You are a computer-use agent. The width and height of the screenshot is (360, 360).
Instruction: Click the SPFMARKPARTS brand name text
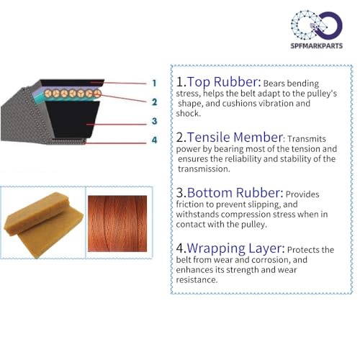317,45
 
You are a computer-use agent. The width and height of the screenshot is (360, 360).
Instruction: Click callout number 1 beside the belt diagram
154,83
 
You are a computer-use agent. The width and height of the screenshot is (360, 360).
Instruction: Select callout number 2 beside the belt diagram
154,102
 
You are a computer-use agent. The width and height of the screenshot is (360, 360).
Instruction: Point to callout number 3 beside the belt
154,121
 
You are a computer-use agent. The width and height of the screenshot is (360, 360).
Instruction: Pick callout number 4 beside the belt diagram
154,140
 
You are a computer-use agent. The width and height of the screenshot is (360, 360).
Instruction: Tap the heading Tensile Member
235,138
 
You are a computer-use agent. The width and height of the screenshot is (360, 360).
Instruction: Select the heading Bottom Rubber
235,193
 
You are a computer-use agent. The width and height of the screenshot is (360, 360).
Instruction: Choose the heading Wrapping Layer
235,248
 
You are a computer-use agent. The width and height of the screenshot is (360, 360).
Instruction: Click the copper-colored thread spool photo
117,223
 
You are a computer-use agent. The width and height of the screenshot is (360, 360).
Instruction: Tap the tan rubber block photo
44,225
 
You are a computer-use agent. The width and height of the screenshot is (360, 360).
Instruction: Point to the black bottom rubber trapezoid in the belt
73,120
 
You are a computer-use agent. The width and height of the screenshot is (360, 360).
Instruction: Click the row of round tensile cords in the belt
73,93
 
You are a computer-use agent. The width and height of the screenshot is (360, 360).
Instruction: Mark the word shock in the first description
189,113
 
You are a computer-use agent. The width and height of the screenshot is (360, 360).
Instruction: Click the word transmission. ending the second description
204,168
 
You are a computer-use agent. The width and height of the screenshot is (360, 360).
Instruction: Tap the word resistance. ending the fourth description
197,279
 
